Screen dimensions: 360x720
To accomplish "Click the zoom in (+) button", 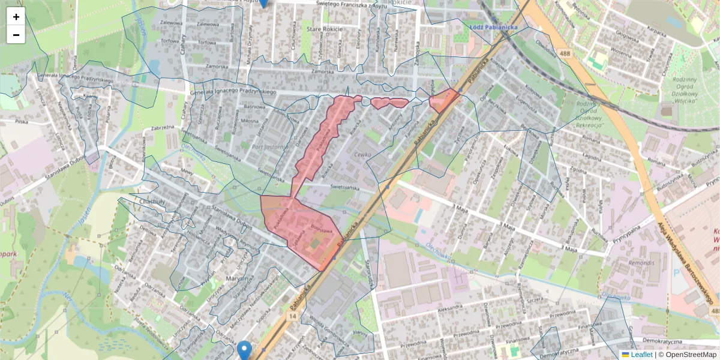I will tap(16, 17).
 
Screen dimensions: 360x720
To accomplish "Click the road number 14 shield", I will tap(292, 316).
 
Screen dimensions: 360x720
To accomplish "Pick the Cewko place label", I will tap(364, 154).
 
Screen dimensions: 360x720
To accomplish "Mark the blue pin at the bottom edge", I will tap(244, 350).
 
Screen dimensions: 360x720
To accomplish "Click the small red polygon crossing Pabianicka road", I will tap(444, 100).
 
